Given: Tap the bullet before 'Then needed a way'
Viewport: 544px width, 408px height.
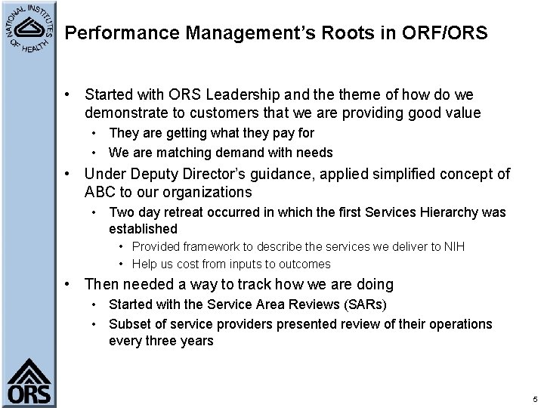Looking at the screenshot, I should click(69, 285).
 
